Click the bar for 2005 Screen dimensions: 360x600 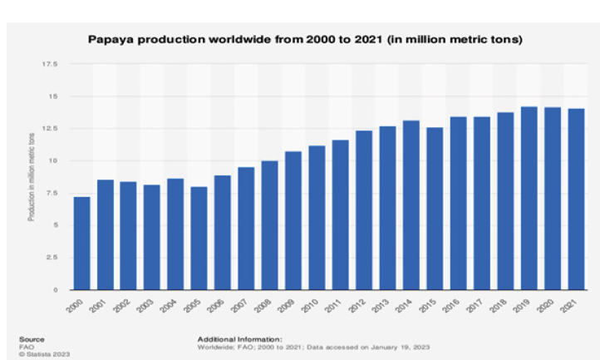(199, 238)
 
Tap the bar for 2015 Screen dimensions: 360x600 (434, 208)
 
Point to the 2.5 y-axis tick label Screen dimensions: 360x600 (52, 258)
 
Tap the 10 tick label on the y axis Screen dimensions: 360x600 (54, 160)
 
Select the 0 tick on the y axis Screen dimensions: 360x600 (57, 290)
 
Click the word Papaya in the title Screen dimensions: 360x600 (113, 38)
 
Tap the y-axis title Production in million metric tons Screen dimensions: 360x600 (32, 177)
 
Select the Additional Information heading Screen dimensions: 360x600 (239, 339)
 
